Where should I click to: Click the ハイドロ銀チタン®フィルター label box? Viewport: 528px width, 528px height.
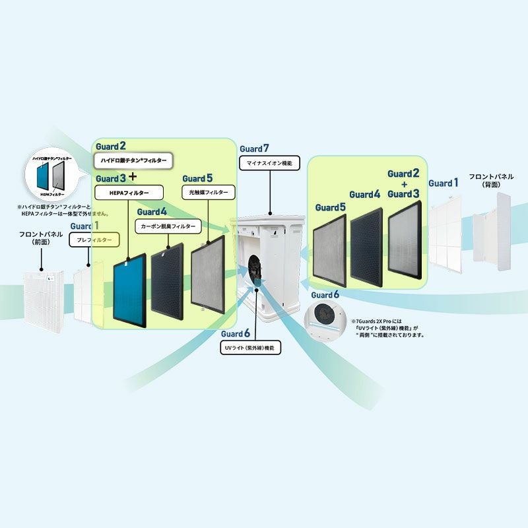pos(133,160)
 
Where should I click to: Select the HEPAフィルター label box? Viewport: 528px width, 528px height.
pos(129,192)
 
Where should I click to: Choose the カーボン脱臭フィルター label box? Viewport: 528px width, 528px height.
pos(168,226)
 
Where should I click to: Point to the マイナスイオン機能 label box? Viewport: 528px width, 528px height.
pos(269,162)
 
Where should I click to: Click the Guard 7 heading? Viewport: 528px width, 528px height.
pos(255,149)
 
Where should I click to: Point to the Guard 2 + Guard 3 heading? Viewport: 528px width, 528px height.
pos(403,183)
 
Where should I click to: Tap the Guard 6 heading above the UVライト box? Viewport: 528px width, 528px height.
pos(236,334)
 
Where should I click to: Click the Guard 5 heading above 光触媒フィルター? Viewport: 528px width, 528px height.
pos(198,178)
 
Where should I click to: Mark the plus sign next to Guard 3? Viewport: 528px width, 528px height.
pos(133,177)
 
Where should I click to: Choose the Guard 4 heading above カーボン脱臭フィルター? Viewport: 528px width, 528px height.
pos(153,212)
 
